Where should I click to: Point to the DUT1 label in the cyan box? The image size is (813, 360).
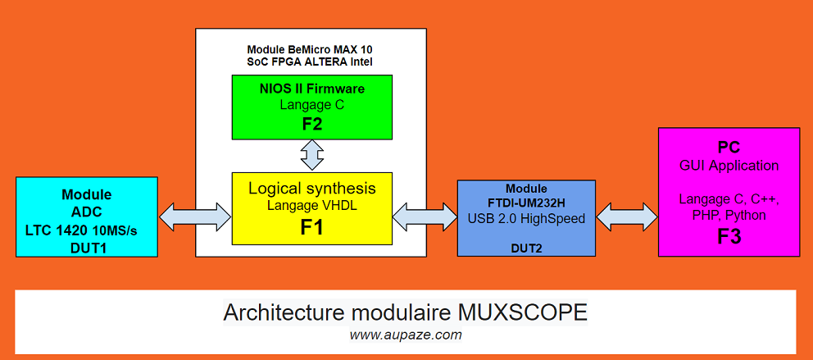pyautogui.click(x=86, y=244)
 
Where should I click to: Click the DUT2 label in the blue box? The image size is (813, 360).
pyautogui.click(x=526, y=245)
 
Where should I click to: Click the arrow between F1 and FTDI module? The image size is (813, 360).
pyautogui.click(x=425, y=216)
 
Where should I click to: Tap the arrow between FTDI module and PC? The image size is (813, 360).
pyautogui.click(x=626, y=216)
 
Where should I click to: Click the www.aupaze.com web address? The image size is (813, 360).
pyautogui.click(x=406, y=335)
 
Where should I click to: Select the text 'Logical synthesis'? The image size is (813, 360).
pyautogui.click(x=312, y=189)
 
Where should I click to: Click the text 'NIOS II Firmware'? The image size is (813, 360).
pyautogui.click(x=311, y=89)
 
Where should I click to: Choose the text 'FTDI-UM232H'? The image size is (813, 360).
pyautogui.click(x=526, y=203)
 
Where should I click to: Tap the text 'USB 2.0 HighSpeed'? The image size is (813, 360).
pyautogui.click(x=526, y=218)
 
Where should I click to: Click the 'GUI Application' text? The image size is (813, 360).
pyautogui.click(x=729, y=166)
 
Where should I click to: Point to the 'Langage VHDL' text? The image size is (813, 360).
pyautogui.click(x=312, y=206)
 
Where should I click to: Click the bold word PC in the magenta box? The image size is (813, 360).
pyautogui.click(x=729, y=148)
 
